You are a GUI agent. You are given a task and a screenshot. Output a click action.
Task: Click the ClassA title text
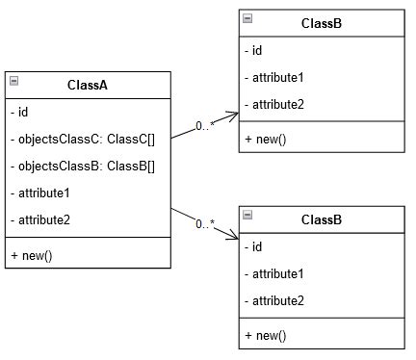(x=88, y=85)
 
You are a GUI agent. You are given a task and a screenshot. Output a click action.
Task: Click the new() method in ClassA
(x=32, y=255)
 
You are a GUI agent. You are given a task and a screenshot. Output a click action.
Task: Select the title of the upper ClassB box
(x=321, y=23)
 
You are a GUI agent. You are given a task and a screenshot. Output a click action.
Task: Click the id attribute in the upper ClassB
(x=257, y=50)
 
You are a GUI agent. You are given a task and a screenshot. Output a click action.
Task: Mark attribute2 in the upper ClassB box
(x=277, y=104)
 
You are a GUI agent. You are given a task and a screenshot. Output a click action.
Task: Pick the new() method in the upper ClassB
(x=266, y=139)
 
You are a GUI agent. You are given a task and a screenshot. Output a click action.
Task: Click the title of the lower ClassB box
(x=321, y=219)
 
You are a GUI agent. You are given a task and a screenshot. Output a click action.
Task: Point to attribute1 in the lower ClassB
(x=277, y=273)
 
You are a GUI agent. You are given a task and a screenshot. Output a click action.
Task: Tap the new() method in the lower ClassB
(x=266, y=335)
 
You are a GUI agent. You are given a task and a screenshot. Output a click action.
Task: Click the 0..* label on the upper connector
(x=204, y=125)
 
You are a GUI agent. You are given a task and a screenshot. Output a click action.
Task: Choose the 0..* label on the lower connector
(x=204, y=224)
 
